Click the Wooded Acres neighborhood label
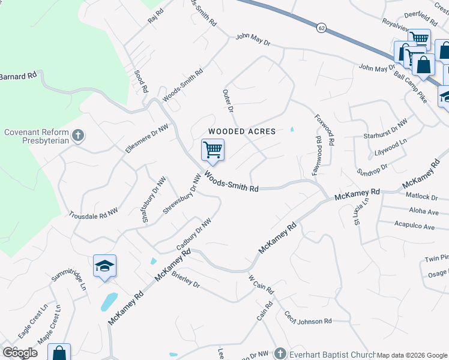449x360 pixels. (242, 131)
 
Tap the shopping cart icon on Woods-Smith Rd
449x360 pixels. (212, 150)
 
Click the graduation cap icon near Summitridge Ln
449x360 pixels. (104, 266)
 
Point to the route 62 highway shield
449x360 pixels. (322, 28)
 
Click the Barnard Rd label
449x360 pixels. (19, 76)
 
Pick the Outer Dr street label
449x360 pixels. (228, 101)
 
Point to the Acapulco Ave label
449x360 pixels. (414, 227)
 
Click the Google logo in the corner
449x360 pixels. (20, 353)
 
